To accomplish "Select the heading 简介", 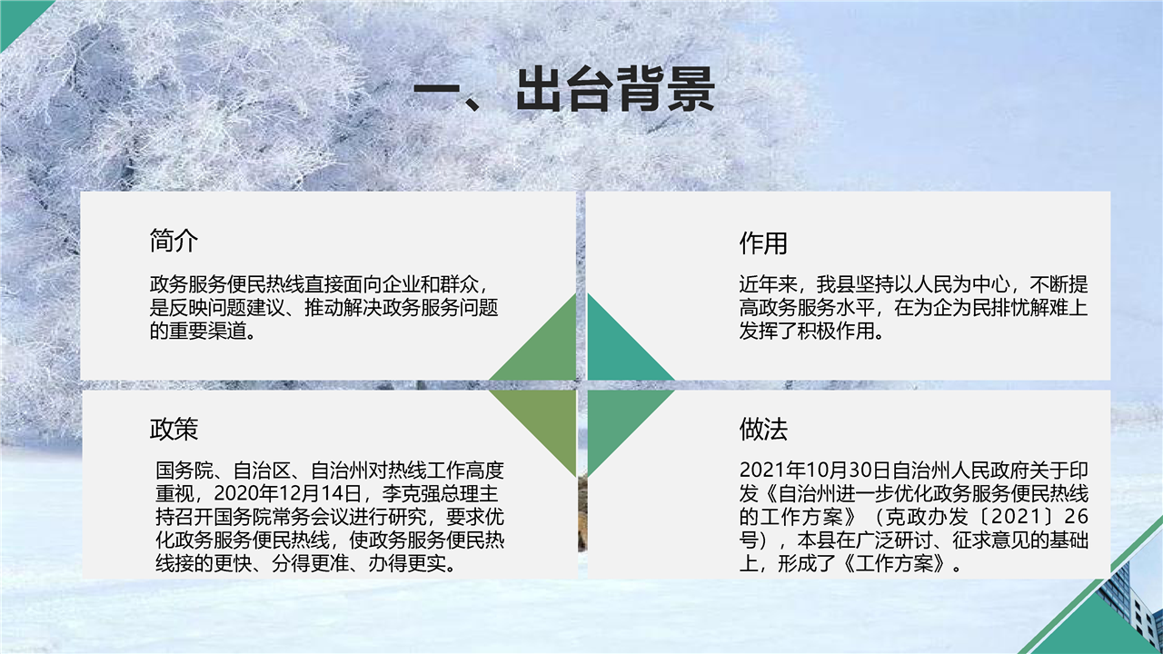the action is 174,241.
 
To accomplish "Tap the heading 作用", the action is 763,243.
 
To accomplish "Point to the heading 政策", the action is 174,430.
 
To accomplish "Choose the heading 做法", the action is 763,430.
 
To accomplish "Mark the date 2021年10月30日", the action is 816,470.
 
